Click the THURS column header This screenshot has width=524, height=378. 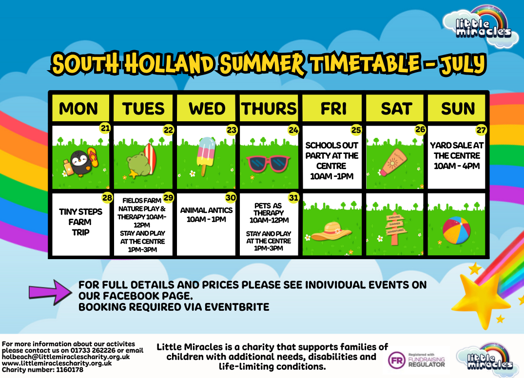click(x=269, y=108)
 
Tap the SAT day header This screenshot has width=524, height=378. click(x=396, y=108)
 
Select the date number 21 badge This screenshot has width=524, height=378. click(x=105, y=128)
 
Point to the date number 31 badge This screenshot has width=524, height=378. click(x=293, y=198)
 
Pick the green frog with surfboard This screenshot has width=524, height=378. click(x=141, y=161)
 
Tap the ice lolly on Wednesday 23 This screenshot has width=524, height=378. click(x=206, y=156)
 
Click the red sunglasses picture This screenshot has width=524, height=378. click(x=269, y=164)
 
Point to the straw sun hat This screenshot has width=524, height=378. click(x=331, y=231)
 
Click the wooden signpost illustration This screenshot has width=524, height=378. click(x=395, y=228)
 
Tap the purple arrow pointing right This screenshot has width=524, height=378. click(x=50, y=293)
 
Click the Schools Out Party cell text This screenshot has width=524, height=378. click(x=332, y=161)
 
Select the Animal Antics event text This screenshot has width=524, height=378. click(x=206, y=215)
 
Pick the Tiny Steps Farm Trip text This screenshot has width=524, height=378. click(x=80, y=222)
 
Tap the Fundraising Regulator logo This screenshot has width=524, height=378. click(x=417, y=360)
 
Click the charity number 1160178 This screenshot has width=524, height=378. click(x=70, y=370)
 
